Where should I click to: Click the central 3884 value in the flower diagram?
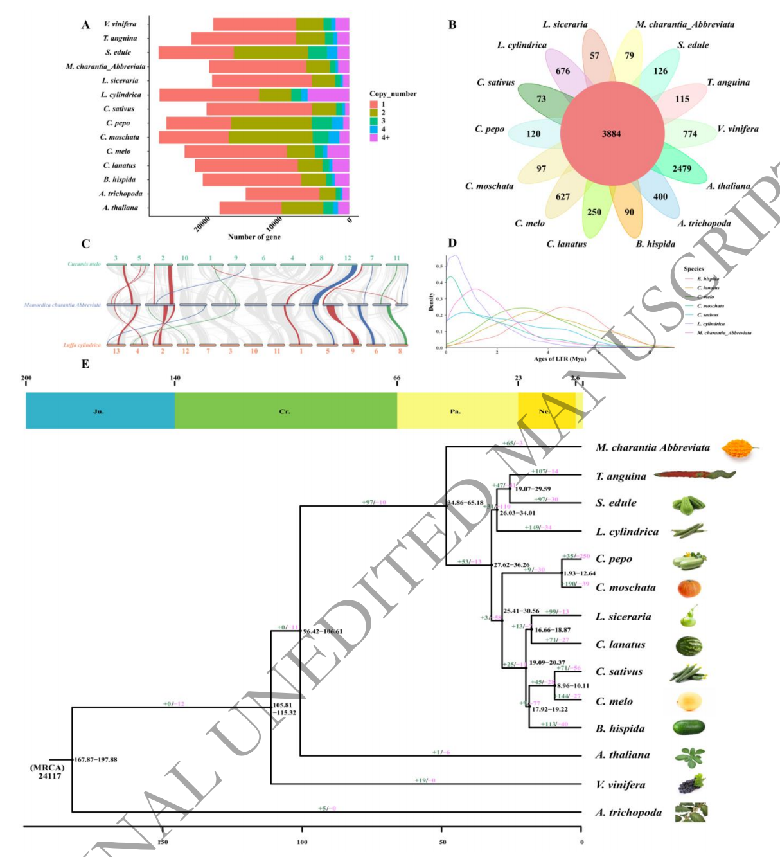pos(611,134)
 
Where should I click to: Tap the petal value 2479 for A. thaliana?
pos(682,168)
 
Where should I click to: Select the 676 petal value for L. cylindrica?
pos(563,71)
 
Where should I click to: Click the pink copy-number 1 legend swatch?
pos(373,104)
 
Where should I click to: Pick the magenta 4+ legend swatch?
pos(373,138)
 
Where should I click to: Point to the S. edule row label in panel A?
pos(118,53)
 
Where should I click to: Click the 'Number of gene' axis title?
pos(254,237)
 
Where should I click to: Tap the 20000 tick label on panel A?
pos(202,224)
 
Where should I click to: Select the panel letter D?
pos(452,243)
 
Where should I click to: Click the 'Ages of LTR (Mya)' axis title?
pos(560,359)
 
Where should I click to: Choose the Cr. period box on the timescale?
pos(285,411)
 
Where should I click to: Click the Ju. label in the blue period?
pos(98,411)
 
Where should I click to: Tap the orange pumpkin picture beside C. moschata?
pos(689,588)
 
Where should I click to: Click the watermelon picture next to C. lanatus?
pos(689,645)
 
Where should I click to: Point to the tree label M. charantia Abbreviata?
pos(652,447)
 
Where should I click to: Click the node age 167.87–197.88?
pos(96,760)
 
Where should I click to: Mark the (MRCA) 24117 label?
pos(48,771)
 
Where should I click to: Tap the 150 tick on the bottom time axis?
pos(163,842)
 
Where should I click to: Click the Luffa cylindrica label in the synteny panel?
pos(82,345)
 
